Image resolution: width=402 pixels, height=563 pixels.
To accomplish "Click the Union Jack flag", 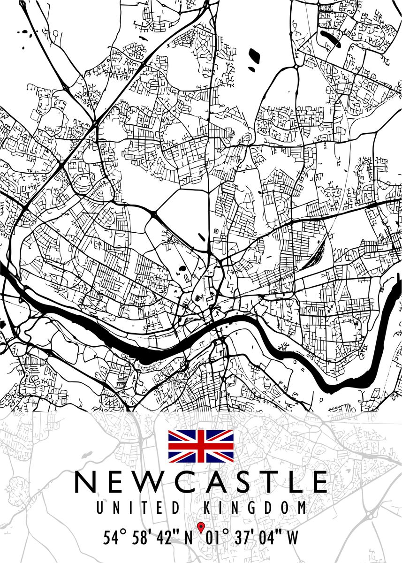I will click(x=201, y=446).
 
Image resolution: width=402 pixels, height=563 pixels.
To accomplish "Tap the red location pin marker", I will click(x=201, y=527).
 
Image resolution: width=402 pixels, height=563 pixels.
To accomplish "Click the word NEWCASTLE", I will click(x=201, y=482).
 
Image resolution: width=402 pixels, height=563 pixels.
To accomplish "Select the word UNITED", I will click(x=137, y=508).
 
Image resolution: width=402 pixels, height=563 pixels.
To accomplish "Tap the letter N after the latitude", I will click(x=189, y=538).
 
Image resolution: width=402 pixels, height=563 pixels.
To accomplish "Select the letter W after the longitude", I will click(x=292, y=538).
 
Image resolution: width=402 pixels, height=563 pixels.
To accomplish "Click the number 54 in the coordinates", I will click(x=111, y=538).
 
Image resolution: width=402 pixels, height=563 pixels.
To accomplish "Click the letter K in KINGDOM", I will click(x=208, y=508).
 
